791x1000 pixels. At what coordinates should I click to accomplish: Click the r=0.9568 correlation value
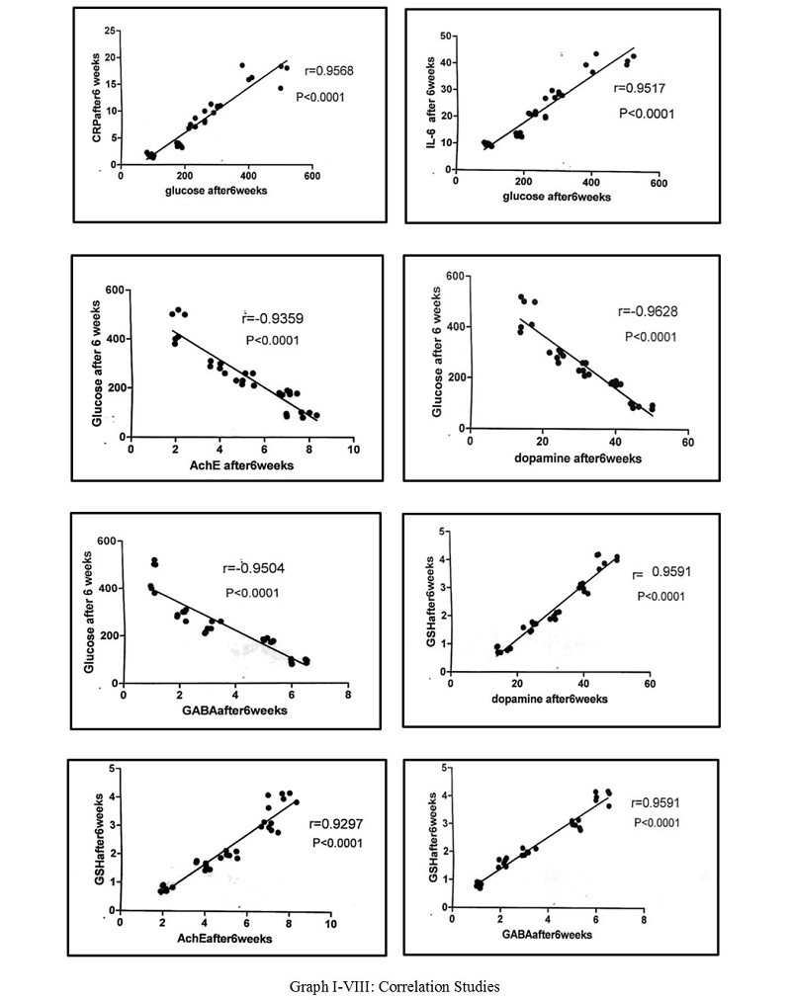(x=330, y=71)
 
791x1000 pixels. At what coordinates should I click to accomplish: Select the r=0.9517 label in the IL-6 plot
(x=639, y=88)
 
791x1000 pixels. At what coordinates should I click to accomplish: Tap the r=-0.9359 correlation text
(x=272, y=318)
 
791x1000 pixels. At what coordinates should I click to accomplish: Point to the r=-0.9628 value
(x=648, y=311)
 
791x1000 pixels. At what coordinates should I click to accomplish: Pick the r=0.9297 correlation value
(x=335, y=824)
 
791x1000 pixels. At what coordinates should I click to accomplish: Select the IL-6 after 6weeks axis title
(x=431, y=103)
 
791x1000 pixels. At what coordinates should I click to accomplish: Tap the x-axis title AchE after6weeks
(x=242, y=465)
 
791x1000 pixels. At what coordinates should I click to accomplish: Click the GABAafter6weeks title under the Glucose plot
(x=236, y=709)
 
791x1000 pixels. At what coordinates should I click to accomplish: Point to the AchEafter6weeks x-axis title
(x=224, y=938)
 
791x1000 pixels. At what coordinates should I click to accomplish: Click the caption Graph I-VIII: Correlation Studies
(x=395, y=986)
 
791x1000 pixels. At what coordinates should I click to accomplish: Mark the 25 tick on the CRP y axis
(x=110, y=31)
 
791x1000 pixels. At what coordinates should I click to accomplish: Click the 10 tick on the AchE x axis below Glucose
(x=353, y=449)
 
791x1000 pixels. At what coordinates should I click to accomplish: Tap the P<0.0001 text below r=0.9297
(x=337, y=843)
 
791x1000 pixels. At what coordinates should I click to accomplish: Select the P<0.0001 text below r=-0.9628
(x=651, y=337)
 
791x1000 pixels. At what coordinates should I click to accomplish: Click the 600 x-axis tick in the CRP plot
(x=311, y=176)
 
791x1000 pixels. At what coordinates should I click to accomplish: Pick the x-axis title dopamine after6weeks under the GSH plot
(x=549, y=699)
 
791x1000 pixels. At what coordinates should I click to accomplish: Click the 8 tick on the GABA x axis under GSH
(x=644, y=920)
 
